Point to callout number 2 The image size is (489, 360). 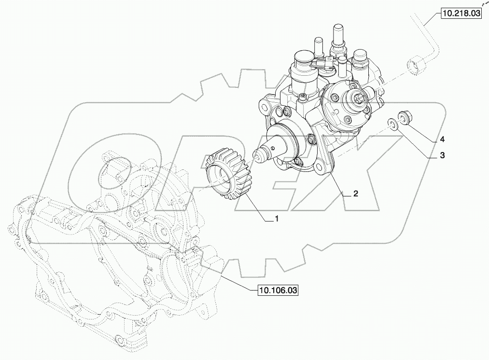tap(355, 194)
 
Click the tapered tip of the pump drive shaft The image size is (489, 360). tap(259, 155)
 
